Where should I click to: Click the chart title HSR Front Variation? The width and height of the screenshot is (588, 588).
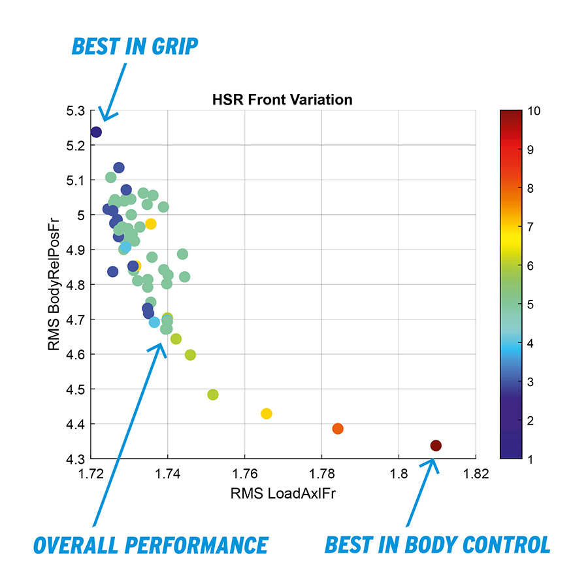(282, 100)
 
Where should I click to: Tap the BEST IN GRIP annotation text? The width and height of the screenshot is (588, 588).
(135, 47)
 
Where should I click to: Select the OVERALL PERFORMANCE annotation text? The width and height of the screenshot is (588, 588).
(151, 545)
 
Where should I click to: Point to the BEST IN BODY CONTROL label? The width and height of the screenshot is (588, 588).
(437, 545)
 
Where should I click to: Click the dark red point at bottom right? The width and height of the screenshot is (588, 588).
(436, 446)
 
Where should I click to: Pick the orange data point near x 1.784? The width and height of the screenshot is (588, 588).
(338, 429)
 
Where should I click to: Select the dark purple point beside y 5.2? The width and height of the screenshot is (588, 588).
(96, 132)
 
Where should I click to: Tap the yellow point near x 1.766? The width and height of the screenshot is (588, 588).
(266, 414)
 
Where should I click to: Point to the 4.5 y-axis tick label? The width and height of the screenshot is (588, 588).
(75, 389)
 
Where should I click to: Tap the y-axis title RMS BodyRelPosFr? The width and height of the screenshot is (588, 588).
(55, 284)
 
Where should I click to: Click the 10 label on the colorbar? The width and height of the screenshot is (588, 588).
(534, 111)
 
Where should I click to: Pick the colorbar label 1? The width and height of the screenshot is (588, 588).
(531, 459)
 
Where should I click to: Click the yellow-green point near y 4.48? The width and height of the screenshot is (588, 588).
(212, 395)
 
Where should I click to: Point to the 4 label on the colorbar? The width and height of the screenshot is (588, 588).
(531, 343)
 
